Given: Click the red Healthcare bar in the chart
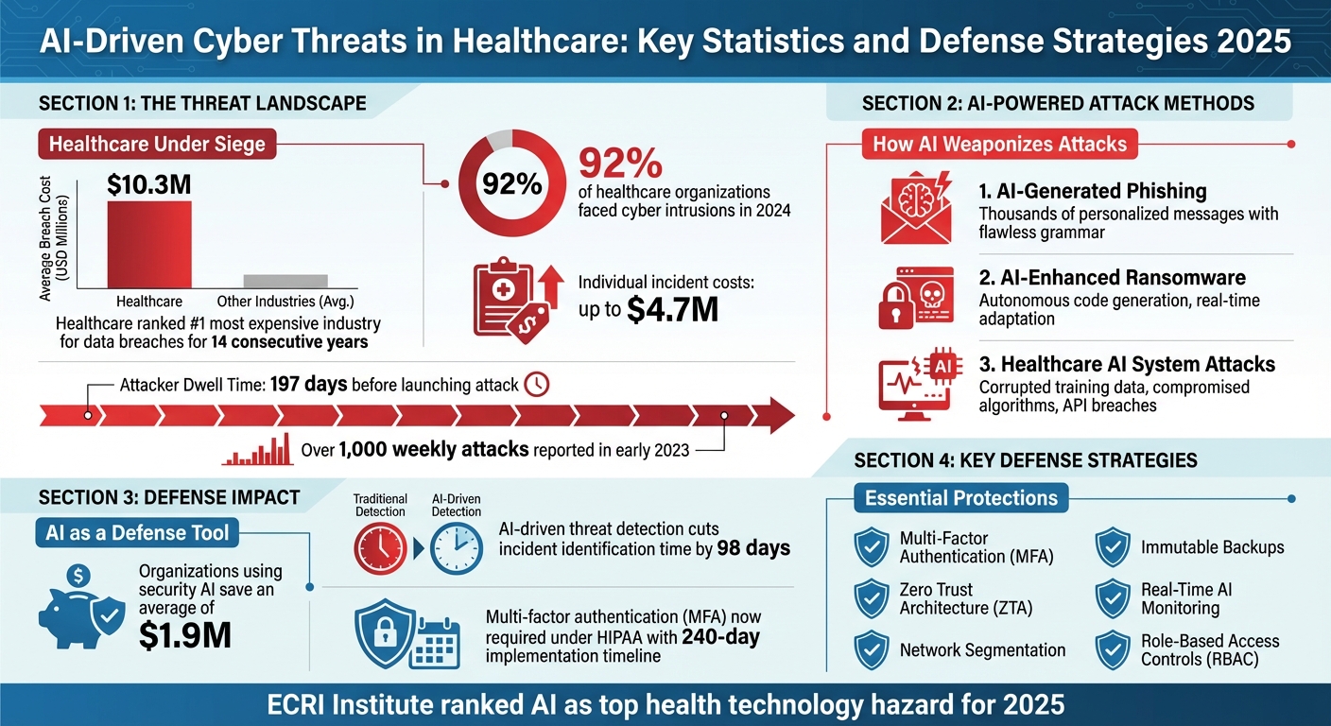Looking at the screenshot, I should [x=149, y=244].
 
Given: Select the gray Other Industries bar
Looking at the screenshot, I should [x=285, y=281].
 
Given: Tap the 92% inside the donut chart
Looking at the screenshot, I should [x=512, y=183].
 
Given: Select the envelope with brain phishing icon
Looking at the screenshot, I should [x=913, y=207].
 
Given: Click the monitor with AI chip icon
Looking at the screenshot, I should [x=915, y=384].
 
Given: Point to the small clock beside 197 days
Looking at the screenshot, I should [x=536, y=384].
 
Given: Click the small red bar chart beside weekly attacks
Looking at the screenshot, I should [x=256, y=451].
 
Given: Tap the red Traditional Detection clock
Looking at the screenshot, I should [x=380, y=547].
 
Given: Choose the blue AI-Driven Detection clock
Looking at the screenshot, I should [x=457, y=547].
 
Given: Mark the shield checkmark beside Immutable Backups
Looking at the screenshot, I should [x=1113, y=547].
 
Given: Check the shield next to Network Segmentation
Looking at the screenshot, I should [x=871, y=649].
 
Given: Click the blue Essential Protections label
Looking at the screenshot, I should [x=961, y=497].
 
